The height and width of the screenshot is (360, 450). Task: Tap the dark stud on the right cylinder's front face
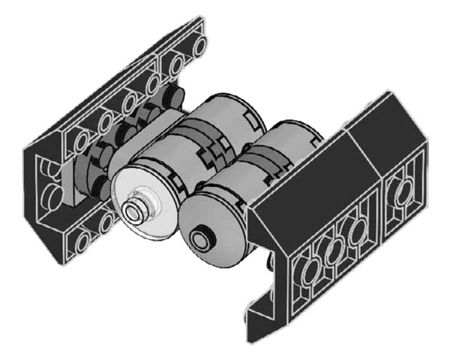coord(201,239)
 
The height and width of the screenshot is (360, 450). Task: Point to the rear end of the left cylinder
coord(240,109)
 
